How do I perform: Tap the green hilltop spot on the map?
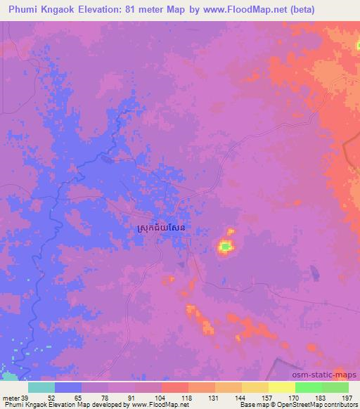[225, 246]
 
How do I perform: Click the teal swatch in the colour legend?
[41, 387]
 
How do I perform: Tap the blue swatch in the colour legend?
[68, 387]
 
